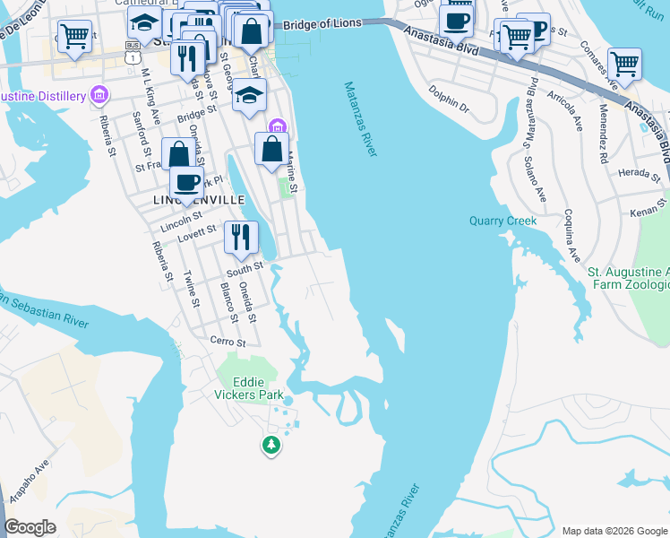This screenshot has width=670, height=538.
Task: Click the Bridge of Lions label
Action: (x=326, y=27)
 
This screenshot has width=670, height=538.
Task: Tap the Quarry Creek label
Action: (x=502, y=221)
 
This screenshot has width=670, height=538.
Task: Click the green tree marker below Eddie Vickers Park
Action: (x=271, y=444)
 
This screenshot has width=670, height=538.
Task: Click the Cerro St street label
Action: (x=227, y=342)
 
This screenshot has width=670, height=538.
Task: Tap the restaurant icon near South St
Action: (x=238, y=238)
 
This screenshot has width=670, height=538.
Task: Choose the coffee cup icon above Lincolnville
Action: (x=186, y=182)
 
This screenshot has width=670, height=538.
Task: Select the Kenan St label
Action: (x=644, y=210)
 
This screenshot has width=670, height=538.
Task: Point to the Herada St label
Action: (x=638, y=172)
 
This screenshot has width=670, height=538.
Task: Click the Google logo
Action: (x=30, y=527)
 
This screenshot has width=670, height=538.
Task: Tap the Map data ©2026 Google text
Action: (x=614, y=531)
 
